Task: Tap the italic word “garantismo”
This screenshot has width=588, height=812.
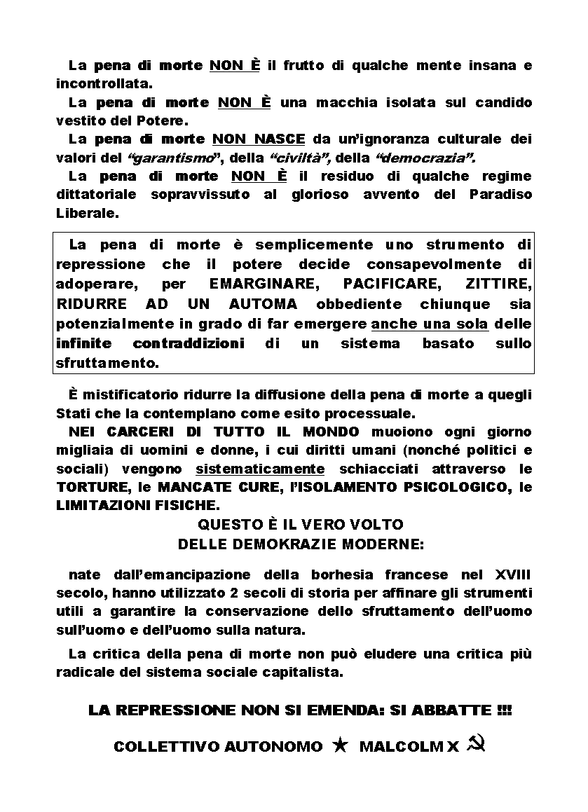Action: [165, 157]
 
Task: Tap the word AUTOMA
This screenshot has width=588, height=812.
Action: [263, 304]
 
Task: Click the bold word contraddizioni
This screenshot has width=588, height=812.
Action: [189, 343]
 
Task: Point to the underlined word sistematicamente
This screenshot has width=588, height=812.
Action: [260, 468]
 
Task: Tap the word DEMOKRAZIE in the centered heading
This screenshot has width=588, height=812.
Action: [275, 543]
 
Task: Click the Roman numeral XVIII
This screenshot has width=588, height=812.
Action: [513, 574]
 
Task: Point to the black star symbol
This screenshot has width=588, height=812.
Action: [341, 745]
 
